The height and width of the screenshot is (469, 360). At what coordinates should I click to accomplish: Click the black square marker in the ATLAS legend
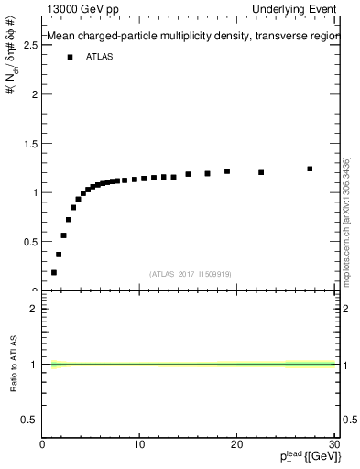click(70, 57)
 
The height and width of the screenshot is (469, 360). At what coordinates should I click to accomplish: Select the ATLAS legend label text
click(100, 57)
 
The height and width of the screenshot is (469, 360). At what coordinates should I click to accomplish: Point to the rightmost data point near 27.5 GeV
click(310, 169)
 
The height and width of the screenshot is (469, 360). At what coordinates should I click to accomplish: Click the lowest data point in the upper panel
click(54, 272)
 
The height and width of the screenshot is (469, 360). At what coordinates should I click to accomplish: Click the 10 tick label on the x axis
click(139, 444)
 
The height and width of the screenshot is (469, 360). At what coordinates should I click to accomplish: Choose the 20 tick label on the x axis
click(236, 444)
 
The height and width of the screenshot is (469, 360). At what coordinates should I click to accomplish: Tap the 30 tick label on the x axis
click(333, 444)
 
